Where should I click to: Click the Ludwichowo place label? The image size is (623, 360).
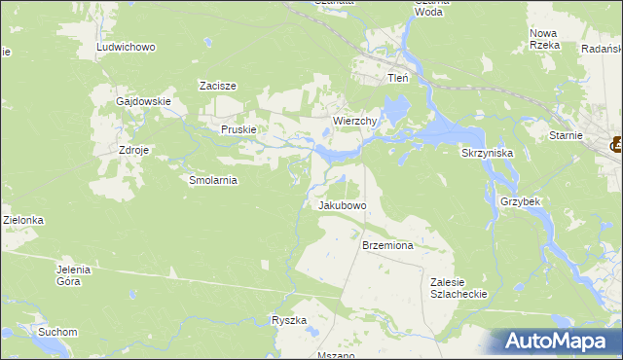click(x=127, y=47)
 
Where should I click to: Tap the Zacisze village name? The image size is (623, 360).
click(x=219, y=86)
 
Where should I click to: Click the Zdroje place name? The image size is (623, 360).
click(x=133, y=151)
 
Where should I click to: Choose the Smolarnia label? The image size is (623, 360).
click(x=213, y=180)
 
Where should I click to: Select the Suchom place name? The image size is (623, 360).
click(x=57, y=332)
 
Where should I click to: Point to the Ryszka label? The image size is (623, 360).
click(x=289, y=320)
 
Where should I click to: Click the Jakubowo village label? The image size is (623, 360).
click(x=342, y=206)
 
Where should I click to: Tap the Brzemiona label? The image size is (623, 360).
click(x=387, y=246)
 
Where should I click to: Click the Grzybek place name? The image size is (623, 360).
click(x=520, y=200)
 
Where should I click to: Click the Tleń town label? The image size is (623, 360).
click(x=398, y=78)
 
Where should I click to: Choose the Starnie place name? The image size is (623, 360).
click(x=566, y=135)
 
